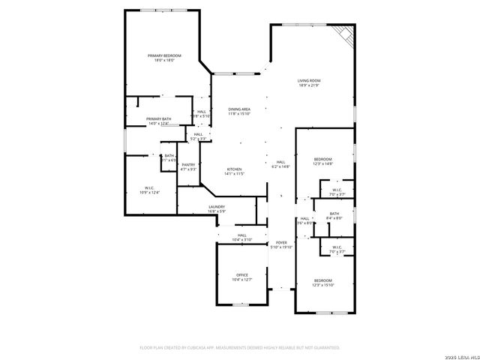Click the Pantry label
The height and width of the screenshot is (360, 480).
[x=188, y=166]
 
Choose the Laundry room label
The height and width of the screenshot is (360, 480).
[x=217, y=209]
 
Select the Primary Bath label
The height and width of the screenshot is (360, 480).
[x=158, y=121]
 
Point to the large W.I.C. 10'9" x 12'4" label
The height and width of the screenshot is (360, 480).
[x=149, y=190]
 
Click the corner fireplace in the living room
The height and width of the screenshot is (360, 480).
[x=345, y=34]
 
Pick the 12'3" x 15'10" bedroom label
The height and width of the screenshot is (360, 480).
[x=323, y=283]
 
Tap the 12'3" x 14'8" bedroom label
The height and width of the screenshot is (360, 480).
[x=322, y=161]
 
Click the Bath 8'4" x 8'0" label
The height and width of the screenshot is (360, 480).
[x=334, y=216]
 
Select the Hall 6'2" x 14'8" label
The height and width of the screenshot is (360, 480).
[x=280, y=164]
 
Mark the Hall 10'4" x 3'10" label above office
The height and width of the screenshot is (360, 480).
[x=241, y=237]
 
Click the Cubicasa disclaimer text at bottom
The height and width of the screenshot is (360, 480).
[x=240, y=347]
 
